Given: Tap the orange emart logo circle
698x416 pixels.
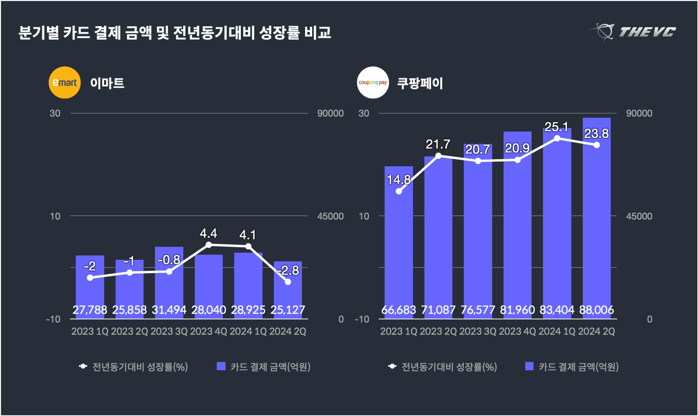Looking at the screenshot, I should (x=65, y=83).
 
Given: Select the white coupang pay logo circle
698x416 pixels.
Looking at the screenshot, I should (x=373, y=83).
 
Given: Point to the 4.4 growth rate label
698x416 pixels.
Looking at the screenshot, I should (x=208, y=233).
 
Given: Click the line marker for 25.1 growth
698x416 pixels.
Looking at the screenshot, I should (x=557, y=138).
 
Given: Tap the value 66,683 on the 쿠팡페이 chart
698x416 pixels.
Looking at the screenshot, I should (x=399, y=310).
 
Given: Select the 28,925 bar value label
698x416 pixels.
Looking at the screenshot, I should (x=248, y=310).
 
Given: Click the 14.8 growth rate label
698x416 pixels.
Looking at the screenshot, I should (x=399, y=180).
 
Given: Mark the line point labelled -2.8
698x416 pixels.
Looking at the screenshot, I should (x=288, y=282).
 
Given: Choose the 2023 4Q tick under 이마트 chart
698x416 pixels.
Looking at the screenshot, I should (x=208, y=331).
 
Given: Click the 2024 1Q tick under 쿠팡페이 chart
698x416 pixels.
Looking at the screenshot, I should (x=557, y=331).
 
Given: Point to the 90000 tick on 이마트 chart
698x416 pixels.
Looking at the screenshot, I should (x=330, y=113).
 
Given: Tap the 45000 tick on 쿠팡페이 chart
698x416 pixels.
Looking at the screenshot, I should (x=639, y=216).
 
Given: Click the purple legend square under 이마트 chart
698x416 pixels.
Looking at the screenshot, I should (x=221, y=366).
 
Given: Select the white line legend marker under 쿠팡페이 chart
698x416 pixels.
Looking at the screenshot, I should (x=392, y=366).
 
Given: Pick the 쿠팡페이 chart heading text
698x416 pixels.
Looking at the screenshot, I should (x=420, y=83).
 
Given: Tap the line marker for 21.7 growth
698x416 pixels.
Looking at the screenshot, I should (x=438, y=156).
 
